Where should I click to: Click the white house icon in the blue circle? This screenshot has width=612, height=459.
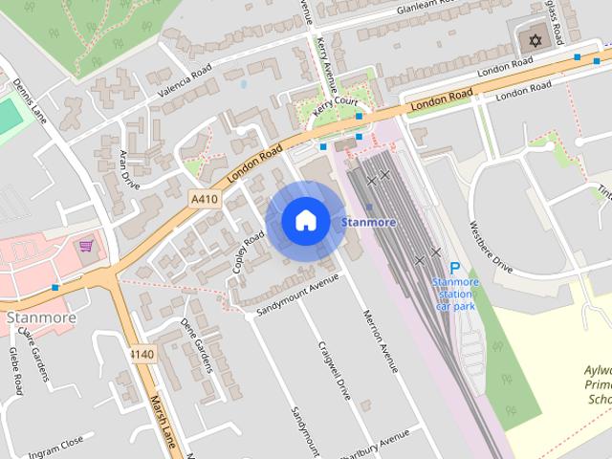click(304, 221)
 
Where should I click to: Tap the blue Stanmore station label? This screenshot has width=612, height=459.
click(369, 222)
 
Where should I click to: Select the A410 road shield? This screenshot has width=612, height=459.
click(203, 198)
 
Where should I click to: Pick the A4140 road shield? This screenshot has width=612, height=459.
click(142, 354)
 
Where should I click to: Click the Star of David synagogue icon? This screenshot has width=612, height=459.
click(535, 40)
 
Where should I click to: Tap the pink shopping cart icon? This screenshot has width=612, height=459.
click(86, 246)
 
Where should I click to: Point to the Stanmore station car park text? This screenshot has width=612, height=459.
click(455, 294)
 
